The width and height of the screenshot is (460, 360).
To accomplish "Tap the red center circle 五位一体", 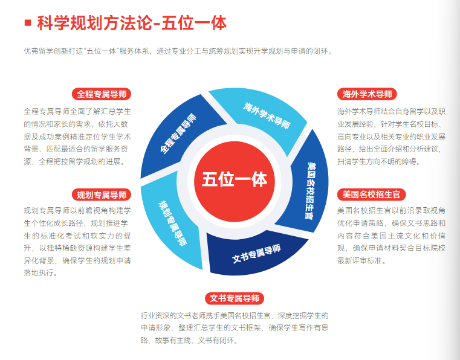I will point(235,179).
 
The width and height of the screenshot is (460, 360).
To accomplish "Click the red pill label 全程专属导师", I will point(101,94).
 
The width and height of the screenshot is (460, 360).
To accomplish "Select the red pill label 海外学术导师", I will point(368,94).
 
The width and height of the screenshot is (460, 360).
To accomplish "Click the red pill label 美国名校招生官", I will point(371,194).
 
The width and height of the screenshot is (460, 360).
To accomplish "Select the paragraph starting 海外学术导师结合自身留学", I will point(392,137).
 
